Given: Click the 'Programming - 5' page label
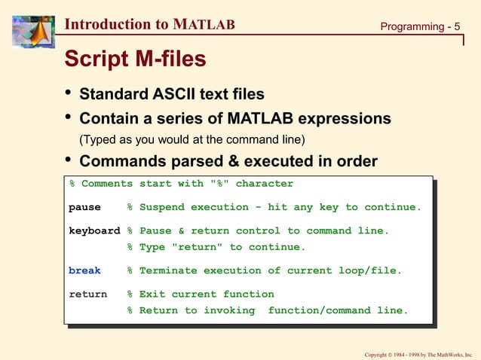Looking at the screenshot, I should coord(419,26).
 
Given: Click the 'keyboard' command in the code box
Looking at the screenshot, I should coord(94,231).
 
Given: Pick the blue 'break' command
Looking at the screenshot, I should coord(84,270).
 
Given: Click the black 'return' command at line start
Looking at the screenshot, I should coord(87,294).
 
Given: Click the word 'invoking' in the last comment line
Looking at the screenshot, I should coord(235,310).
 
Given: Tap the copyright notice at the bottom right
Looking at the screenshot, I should coord(418,353).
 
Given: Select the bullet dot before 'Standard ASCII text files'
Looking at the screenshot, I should coord(69,94).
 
